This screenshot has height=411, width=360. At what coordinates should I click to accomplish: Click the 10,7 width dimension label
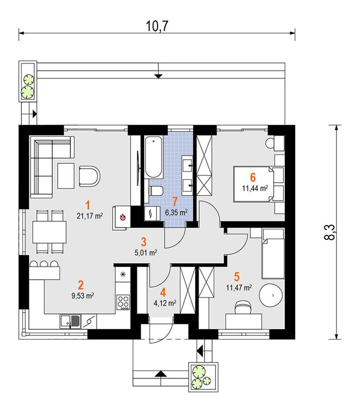tap(157, 26)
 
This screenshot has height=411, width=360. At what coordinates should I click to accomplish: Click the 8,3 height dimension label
tap(329, 232)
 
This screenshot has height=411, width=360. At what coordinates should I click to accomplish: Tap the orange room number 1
tap(88, 205)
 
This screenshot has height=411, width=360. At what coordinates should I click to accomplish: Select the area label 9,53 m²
tap(83, 296)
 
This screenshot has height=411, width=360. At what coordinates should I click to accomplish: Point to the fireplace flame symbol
tap(122, 217)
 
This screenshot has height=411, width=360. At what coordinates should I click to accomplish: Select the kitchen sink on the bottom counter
tap(70, 322)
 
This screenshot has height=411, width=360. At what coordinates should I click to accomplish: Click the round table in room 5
tap(271, 295)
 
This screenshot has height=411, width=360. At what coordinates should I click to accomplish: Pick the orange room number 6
tap(253, 177)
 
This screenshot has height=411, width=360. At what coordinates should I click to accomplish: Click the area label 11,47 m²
tap(239, 288)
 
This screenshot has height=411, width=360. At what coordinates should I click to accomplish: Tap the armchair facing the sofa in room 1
tap(89, 177)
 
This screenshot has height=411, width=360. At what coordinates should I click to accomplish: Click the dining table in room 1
tap(49, 232)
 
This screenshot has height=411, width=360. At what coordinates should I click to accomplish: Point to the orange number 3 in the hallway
tap(143, 242)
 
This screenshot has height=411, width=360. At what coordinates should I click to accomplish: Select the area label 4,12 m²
tap(165, 303)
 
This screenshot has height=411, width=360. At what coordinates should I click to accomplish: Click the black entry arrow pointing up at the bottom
tap(160, 374)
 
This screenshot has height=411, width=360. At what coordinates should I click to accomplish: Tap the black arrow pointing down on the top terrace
tap(158, 76)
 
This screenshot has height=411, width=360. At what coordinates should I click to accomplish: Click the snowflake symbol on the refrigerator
tap(122, 275)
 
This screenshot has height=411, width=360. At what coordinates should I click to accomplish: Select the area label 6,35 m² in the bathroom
tap(176, 212)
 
